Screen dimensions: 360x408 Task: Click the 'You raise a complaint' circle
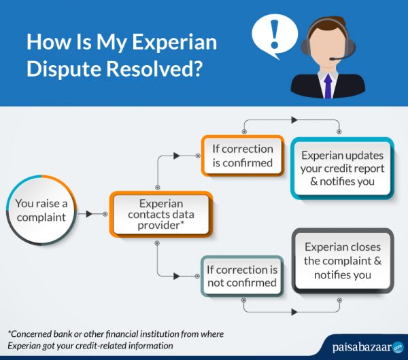tap(40, 211)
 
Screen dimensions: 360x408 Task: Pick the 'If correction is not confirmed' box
tap(241, 276)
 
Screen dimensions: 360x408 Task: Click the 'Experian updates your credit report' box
tap(342, 168)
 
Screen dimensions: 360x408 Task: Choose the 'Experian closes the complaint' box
tap(342, 260)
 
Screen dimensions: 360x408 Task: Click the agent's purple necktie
tap(328, 86)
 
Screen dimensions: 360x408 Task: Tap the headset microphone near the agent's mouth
tap(332, 60)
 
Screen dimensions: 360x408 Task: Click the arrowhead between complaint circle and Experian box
tap(89, 214)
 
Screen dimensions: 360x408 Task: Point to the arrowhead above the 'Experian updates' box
tap(294, 120)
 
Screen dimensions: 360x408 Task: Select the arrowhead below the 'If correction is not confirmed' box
tap(294, 312)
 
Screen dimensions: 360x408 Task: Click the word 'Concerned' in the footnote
tap(34, 334)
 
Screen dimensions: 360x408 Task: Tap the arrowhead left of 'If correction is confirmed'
tap(177, 156)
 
